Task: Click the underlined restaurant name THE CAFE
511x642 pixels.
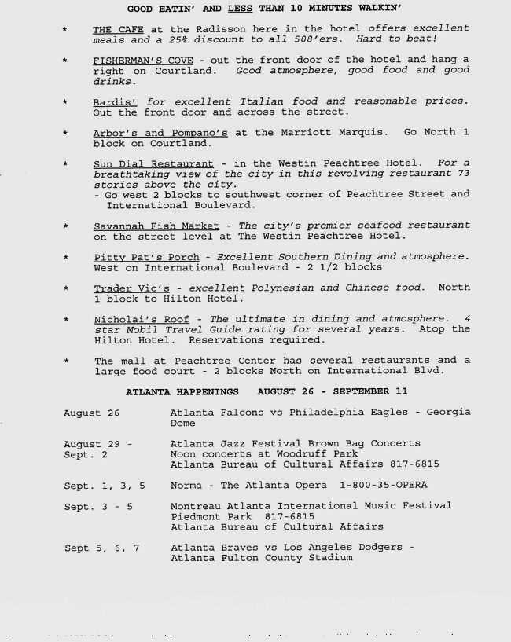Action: pos(118,29)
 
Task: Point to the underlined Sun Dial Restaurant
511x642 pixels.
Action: pos(153,164)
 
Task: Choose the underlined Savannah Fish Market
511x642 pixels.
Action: pos(156,226)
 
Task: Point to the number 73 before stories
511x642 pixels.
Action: pos(463,174)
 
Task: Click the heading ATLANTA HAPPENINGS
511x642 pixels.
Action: pos(182,391)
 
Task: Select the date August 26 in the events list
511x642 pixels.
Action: pos(92,413)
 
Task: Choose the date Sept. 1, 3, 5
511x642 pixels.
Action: pos(105,486)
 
